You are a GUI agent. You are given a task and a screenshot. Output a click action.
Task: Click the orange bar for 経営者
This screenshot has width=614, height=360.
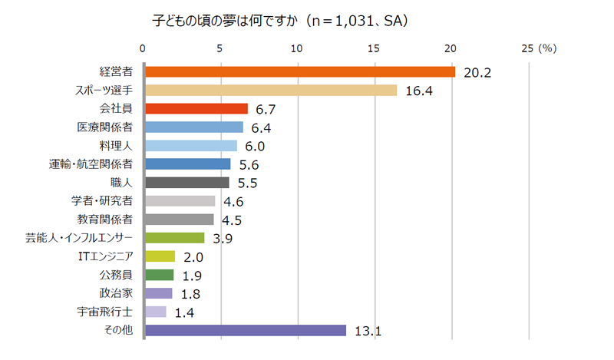coord(299,71)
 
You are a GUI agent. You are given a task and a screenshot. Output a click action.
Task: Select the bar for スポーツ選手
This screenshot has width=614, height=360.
coord(270,90)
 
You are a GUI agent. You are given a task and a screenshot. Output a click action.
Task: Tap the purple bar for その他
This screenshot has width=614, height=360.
coord(245,331)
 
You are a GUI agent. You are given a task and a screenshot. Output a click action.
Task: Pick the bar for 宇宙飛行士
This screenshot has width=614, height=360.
coord(155,312)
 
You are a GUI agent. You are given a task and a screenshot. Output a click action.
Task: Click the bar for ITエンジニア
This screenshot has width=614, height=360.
coord(160,256)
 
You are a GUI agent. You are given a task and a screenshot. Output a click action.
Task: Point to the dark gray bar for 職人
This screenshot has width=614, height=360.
coord(187,183)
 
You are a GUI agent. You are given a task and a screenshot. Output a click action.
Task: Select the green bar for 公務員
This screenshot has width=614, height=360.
coord(159,275)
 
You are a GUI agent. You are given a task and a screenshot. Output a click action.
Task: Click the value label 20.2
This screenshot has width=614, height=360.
coord(477,73)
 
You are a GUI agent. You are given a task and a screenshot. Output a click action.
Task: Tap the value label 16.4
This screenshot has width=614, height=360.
coord(419,91)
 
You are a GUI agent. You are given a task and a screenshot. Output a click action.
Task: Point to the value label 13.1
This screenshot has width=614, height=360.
coord(368,332)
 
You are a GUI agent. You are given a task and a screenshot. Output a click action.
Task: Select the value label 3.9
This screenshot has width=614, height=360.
coord(222,239)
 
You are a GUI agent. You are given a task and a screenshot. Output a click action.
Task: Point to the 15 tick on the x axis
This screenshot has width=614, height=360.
coord(374,48)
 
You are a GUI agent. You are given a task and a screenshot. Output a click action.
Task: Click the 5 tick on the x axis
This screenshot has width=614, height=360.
coord(220,48)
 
